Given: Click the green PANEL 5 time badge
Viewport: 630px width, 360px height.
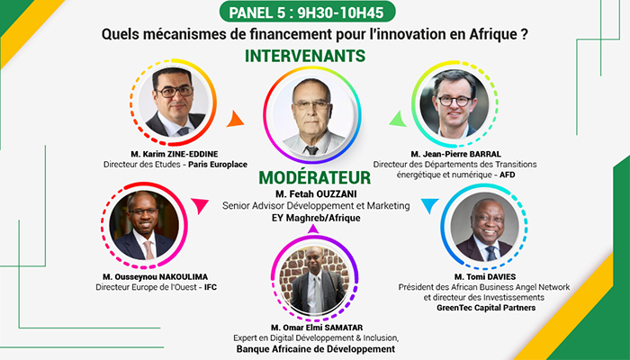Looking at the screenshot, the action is click(x=308, y=12).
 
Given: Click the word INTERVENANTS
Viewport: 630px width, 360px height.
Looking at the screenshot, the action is click(x=305, y=56).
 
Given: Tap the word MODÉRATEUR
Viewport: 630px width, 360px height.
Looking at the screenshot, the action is click(x=315, y=177).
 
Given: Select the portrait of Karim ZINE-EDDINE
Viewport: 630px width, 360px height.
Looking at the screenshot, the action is click(x=173, y=102).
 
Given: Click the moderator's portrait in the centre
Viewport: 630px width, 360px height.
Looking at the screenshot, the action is click(x=312, y=115).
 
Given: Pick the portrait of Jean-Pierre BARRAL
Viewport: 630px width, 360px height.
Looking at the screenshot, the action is click(x=454, y=103).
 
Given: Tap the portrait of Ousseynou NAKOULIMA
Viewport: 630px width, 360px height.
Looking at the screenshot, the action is click(x=144, y=225).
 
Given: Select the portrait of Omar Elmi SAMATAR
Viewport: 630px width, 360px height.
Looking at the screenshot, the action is click(x=314, y=278).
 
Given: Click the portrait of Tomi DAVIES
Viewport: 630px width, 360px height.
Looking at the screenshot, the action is click(x=484, y=227).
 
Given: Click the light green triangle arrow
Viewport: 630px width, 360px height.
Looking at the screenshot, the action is click(x=398, y=119).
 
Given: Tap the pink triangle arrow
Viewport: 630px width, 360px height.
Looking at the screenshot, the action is click(x=199, y=206).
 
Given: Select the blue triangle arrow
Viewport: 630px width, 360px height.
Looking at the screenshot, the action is click(x=429, y=206).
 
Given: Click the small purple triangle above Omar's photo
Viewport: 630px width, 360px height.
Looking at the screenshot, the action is click(x=313, y=229).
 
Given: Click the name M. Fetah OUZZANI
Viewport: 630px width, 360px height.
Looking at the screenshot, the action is click(x=316, y=194).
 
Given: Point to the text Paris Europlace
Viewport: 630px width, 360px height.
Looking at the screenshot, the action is click(x=218, y=165).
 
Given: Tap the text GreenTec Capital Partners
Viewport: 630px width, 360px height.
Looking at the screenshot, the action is click(x=486, y=308).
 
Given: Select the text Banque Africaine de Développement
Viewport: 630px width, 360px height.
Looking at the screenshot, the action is click(x=315, y=349).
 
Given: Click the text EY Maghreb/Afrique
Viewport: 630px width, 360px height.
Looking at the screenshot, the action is click(x=315, y=218).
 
